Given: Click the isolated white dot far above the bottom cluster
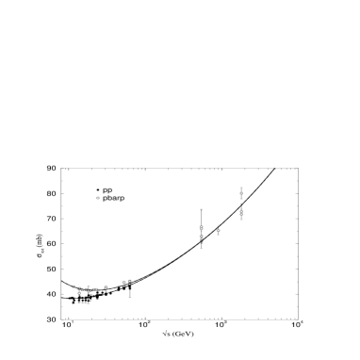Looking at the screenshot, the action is tap(98, 198).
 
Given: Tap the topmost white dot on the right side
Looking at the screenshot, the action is tap(241, 193).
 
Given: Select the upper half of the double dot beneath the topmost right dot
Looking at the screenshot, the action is tap(241, 211).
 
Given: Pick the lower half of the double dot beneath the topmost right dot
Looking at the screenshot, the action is tap(241, 215).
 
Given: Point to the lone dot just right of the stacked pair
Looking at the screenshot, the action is tap(219, 230).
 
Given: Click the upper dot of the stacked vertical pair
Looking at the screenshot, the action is tap(202, 227).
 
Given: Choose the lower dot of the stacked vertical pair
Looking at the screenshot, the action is tap(202, 238).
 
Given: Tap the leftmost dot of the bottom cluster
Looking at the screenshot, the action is tap(74, 286).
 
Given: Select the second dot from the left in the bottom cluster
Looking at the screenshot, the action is tap(79, 288).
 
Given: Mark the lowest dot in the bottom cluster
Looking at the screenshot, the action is tap(79, 293).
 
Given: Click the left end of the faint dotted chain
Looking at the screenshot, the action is tap(83, 289).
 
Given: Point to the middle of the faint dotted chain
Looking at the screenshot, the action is tap(89, 290).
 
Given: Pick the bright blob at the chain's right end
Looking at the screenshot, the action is tap(95, 289).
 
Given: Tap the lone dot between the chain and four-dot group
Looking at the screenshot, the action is tap(106, 287).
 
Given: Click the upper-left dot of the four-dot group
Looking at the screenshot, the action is tap(123, 282).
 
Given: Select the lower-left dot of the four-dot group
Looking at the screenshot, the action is tap(123, 286).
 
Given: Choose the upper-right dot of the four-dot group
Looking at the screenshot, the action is tap(129, 281).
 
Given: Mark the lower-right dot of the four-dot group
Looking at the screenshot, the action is tap(129, 284).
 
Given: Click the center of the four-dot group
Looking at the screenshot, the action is tap(126, 283).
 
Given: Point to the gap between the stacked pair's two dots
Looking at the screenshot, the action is tap(202, 233).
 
